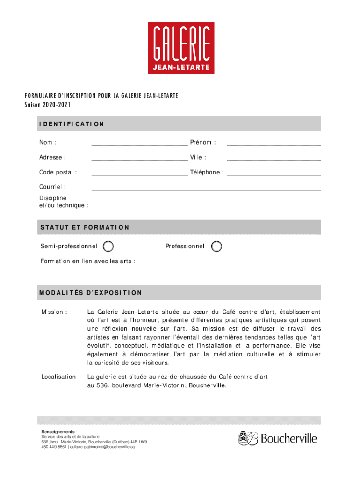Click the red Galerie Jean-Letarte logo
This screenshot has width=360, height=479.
click(181, 48)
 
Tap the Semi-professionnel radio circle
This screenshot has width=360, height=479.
click(108, 246)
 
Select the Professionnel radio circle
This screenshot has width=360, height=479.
click(216, 246)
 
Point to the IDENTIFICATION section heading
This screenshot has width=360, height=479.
click(72, 124)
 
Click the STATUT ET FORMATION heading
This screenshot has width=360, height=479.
click(85, 227)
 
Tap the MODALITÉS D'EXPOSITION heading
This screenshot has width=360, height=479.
click(91, 293)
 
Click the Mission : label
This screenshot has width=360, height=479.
click(54, 312)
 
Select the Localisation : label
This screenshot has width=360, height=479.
click(60, 377)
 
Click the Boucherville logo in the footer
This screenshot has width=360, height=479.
click(278, 438)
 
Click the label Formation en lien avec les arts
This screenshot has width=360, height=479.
click(88, 261)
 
